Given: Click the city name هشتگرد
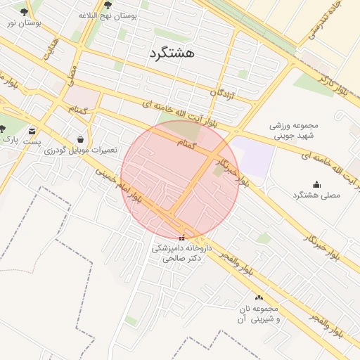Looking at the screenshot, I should click(x=172, y=53).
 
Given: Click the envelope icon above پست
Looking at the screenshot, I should click(x=32, y=131).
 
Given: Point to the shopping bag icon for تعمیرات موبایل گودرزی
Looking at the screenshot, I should click(x=81, y=139).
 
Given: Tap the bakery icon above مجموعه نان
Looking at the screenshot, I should click(x=259, y=297).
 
